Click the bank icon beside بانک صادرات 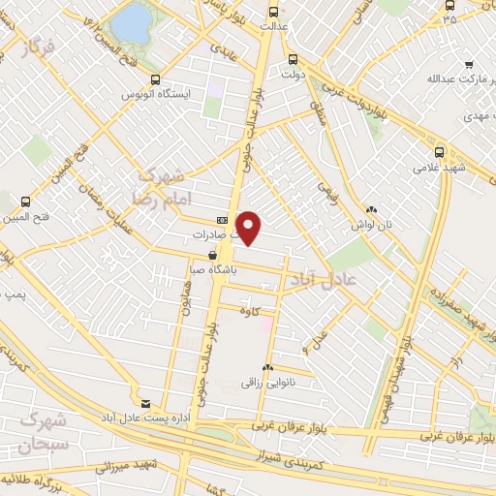pyautogui.click(x=222, y=221)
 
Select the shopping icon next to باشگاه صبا pyautogui.click(x=212, y=255)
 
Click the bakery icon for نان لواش pyautogui.click(x=371, y=209)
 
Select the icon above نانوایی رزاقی pyautogui.click(x=267, y=368)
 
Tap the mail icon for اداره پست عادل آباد pyautogui.click(x=145, y=403)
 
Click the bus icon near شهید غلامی pyautogui.click(x=439, y=151)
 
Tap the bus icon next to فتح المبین pyautogui.click(x=24, y=203)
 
